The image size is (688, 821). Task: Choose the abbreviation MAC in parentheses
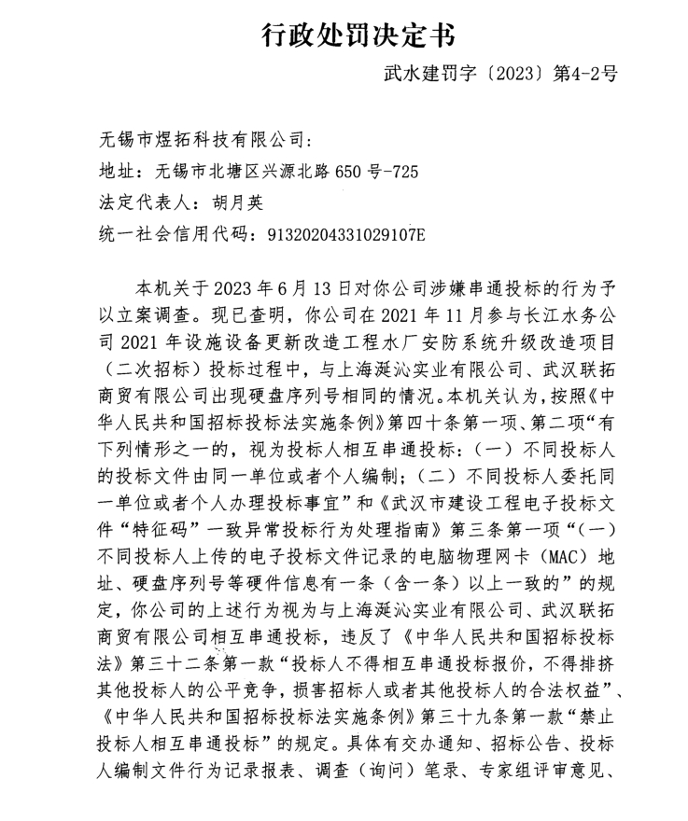point(560,558)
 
